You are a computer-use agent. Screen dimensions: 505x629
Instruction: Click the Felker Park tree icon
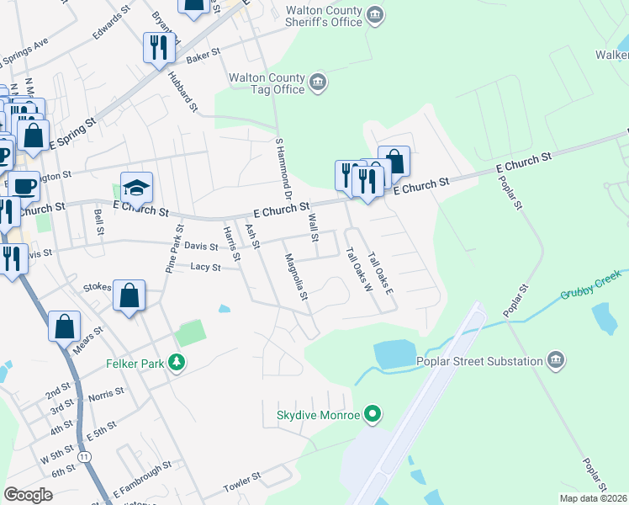176,364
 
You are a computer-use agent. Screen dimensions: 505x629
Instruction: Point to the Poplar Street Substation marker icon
555,361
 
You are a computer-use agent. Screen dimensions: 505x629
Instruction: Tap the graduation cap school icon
136,189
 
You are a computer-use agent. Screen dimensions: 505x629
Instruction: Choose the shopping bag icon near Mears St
65,327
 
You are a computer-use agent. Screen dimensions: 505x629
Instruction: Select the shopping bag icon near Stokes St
129,295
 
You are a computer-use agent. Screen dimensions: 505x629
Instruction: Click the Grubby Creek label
591,286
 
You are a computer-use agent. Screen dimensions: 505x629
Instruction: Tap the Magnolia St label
297,277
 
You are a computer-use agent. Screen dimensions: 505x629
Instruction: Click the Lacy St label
205,267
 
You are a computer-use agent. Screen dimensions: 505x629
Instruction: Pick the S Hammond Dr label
283,168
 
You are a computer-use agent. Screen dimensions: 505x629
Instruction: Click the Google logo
29,494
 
